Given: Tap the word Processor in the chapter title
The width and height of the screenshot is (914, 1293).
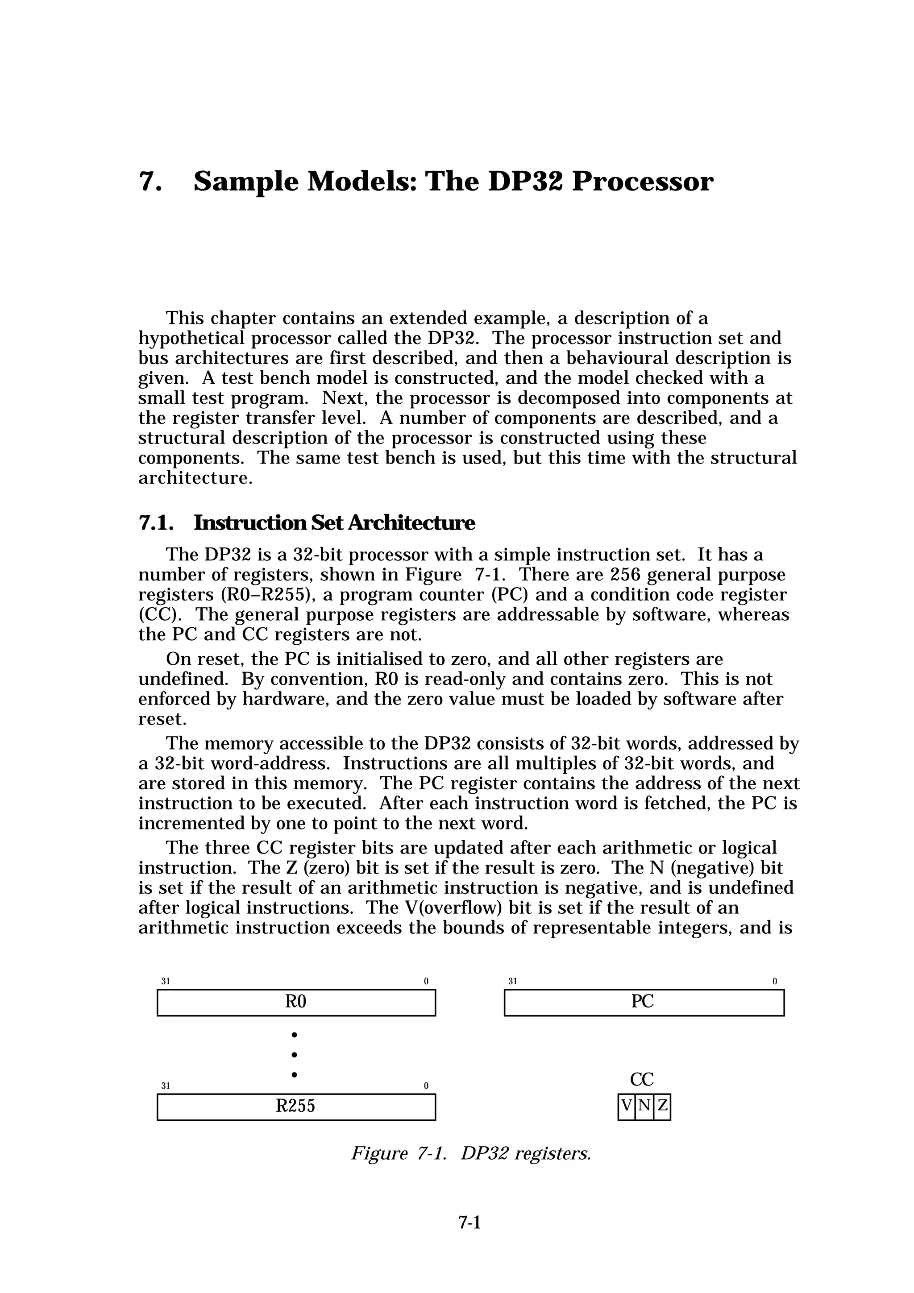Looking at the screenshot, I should (x=642, y=182).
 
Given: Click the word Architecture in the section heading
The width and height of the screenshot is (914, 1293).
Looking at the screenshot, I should (x=411, y=523).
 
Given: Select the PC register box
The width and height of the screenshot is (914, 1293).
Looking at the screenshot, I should (x=643, y=1003).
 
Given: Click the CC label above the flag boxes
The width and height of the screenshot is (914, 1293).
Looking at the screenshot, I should (x=642, y=1079).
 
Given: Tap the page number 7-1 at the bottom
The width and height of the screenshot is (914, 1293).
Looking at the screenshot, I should (x=469, y=1239).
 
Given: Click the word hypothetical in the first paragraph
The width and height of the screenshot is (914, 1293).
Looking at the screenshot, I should (x=191, y=339).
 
